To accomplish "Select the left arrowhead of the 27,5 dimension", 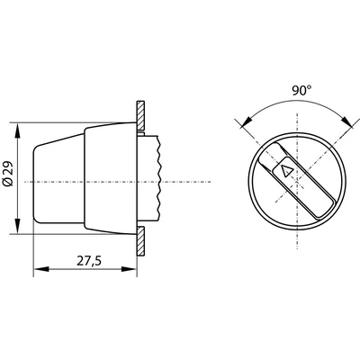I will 38,267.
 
